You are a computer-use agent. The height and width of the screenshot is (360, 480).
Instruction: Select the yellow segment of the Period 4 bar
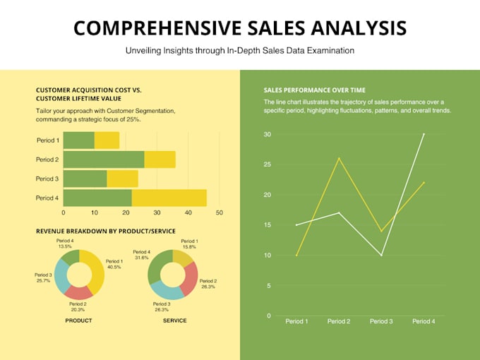[x=181, y=198]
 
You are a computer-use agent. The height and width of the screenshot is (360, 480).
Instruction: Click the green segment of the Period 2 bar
[x=104, y=160]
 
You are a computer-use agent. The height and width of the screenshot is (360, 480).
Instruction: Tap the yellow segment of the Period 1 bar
[x=107, y=140]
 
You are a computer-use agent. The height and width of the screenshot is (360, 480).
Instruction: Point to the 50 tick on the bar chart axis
[x=219, y=212]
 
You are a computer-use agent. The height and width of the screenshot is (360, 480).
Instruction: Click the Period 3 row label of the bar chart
[x=47, y=179]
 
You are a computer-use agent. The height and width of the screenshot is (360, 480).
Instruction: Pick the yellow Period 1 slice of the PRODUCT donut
[x=95, y=268]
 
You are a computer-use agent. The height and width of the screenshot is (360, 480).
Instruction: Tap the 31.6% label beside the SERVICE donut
[x=141, y=258]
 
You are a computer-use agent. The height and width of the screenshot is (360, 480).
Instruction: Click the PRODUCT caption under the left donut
[x=78, y=320]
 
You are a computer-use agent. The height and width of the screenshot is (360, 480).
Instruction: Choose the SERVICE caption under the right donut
[x=174, y=320]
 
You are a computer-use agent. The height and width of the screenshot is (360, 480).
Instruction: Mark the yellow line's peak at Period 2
[x=340, y=158]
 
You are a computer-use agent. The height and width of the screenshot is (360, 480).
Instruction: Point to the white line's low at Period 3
[x=381, y=255]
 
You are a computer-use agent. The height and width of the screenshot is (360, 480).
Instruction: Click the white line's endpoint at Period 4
[x=424, y=134]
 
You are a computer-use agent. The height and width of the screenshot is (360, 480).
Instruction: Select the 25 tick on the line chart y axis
[x=267, y=164]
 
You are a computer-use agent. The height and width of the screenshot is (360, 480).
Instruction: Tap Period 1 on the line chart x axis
[x=296, y=321]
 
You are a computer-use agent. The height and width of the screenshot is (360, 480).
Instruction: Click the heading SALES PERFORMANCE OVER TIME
[x=315, y=90]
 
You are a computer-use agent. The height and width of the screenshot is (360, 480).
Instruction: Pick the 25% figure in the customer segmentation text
[x=133, y=119]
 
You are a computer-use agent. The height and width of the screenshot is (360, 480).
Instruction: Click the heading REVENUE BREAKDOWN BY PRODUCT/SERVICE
[x=105, y=231]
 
